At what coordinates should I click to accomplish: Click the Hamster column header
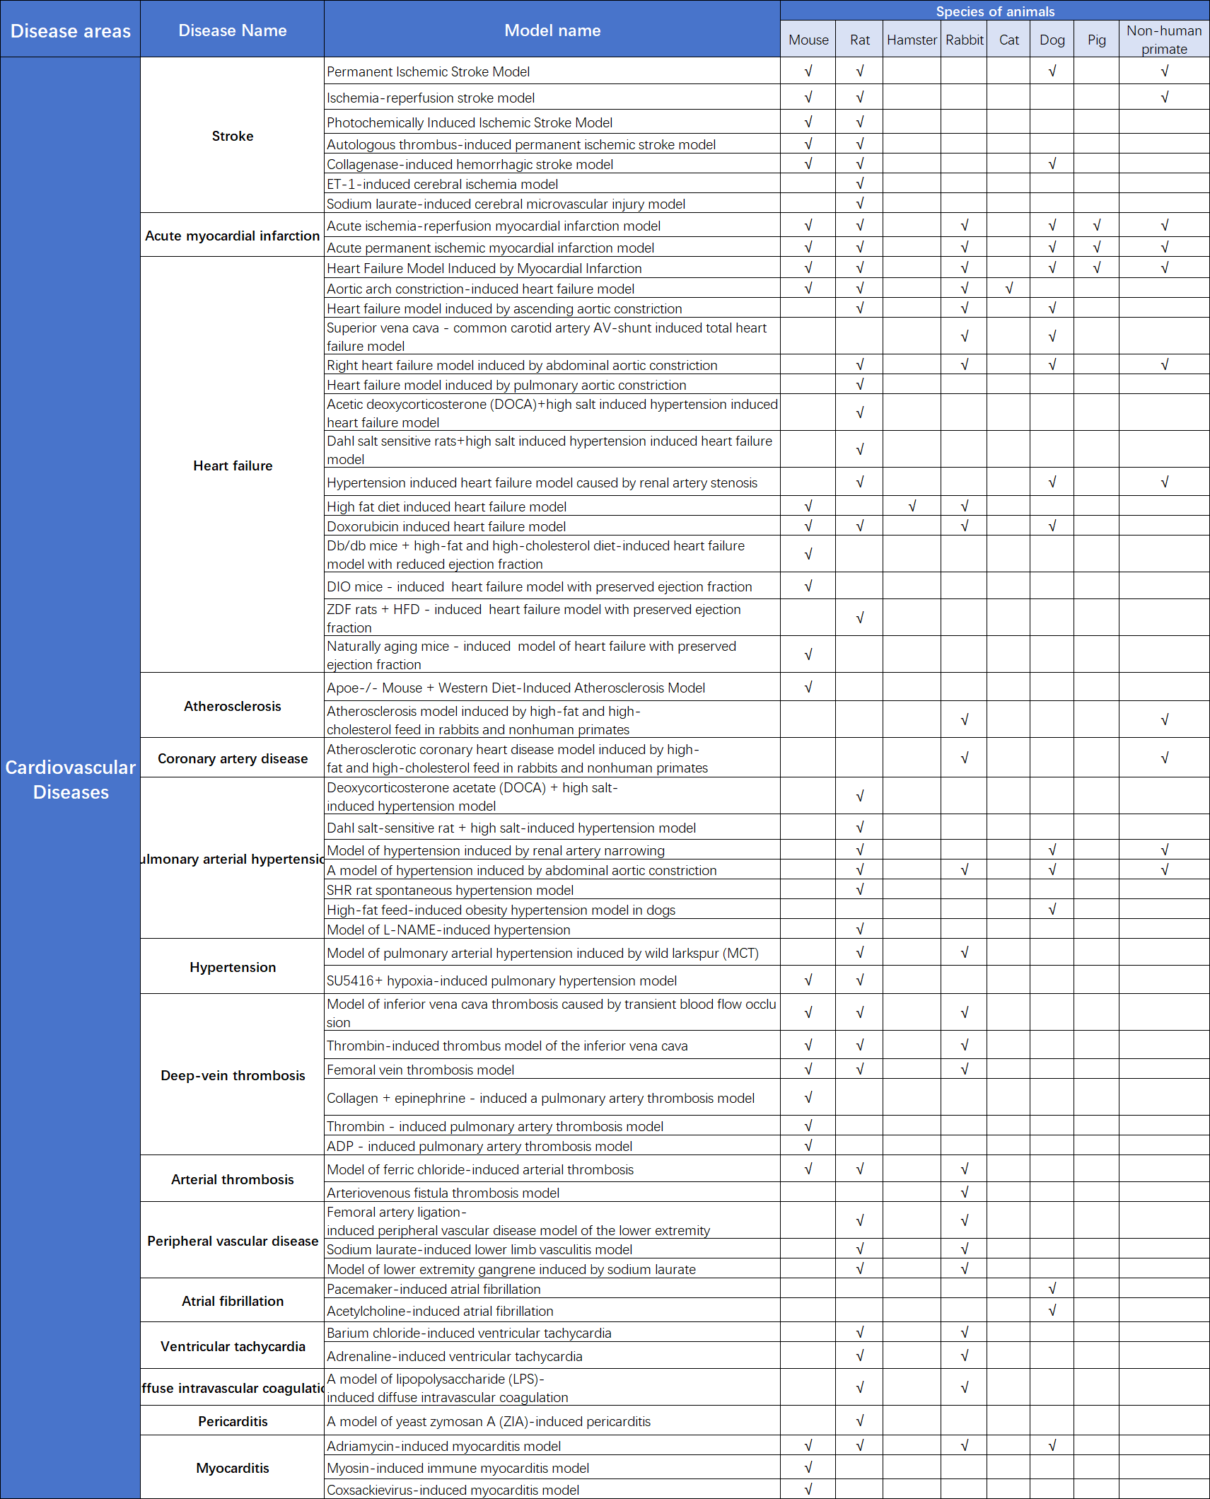click(912, 40)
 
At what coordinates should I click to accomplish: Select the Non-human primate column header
click(1164, 40)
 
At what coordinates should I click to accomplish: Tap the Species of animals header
click(995, 11)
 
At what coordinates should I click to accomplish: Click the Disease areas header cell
click(70, 31)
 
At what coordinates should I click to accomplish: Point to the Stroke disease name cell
click(232, 136)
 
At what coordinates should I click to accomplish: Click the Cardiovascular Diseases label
click(70, 780)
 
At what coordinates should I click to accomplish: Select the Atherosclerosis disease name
click(232, 706)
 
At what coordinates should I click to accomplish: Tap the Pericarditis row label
click(232, 1421)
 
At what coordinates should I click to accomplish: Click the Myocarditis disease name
click(232, 1468)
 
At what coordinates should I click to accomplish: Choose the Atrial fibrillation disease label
click(232, 1301)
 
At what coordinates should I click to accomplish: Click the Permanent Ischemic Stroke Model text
click(428, 71)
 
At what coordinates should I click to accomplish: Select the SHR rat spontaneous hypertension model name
click(450, 890)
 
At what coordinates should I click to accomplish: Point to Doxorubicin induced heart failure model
click(446, 526)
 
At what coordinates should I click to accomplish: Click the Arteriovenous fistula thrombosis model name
click(443, 1193)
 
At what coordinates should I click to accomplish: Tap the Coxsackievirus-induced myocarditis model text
click(453, 1490)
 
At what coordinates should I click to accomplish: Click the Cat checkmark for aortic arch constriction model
click(1009, 288)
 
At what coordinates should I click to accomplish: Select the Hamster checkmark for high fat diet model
click(912, 506)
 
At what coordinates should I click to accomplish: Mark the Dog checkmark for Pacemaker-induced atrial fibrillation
click(1052, 1288)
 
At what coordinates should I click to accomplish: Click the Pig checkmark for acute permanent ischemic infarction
click(1096, 247)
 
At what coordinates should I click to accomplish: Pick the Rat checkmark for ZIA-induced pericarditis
click(859, 1420)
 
